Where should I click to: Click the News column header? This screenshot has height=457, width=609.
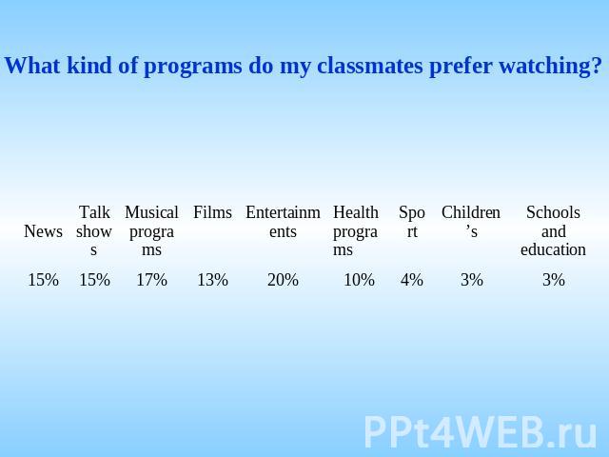43,231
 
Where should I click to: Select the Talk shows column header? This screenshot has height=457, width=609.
94,230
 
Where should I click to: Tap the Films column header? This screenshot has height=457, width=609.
212,212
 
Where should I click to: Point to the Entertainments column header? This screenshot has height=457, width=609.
283,222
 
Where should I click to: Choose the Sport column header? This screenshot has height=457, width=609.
412,222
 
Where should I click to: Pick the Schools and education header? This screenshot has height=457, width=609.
553,230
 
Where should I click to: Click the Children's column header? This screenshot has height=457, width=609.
471,222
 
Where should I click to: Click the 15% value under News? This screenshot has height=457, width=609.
43,280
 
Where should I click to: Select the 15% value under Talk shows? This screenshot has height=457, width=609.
94,280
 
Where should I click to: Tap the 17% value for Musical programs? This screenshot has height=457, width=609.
151,280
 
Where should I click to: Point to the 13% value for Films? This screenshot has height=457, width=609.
212,280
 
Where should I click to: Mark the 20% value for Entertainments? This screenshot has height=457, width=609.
283,280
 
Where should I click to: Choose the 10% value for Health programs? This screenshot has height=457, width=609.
360,280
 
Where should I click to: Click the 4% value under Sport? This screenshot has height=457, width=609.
412,280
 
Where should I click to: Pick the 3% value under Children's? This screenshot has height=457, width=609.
472,280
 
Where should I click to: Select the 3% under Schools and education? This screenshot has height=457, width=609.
554,280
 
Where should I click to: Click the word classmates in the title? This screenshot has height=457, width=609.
369,66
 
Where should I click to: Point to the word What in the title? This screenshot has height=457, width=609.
32,66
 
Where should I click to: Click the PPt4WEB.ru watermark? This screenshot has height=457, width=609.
481,431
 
